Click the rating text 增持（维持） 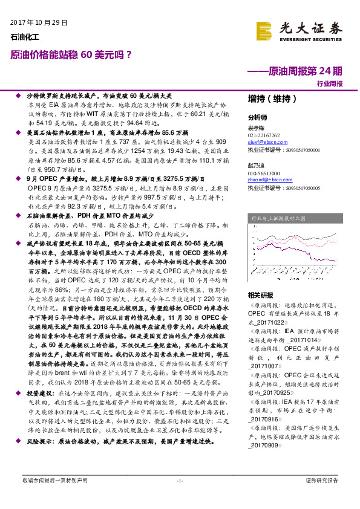269,99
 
